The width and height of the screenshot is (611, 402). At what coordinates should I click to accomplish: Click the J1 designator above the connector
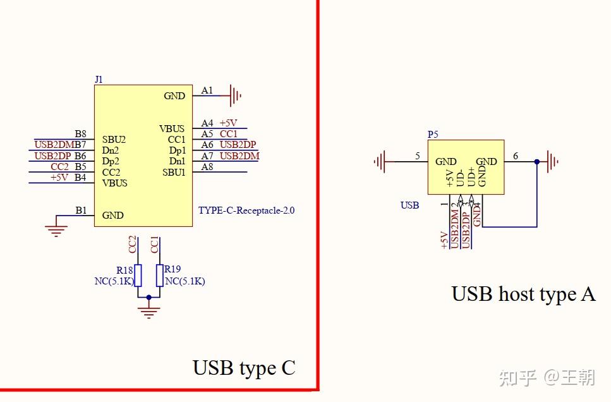tap(99, 80)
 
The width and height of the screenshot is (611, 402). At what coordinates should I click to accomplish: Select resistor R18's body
tap(138, 276)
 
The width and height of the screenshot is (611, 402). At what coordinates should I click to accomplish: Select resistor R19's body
tap(160, 276)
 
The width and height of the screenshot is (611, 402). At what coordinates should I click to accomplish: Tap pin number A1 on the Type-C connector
tap(207, 90)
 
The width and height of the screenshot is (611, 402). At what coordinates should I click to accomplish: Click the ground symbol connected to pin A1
tap(236, 95)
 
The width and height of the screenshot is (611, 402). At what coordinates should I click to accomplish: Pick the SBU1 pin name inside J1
tap(174, 172)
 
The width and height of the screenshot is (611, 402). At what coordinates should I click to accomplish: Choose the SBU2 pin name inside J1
tap(114, 139)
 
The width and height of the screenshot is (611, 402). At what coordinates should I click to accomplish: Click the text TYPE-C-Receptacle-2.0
tap(246, 210)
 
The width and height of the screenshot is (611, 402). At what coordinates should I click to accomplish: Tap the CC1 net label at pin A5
tap(229, 134)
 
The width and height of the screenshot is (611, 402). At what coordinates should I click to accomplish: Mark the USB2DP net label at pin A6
tap(238, 145)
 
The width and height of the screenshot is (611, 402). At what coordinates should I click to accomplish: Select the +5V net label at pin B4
tap(59, 178)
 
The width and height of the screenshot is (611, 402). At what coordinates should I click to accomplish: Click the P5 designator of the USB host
tap(433, 135)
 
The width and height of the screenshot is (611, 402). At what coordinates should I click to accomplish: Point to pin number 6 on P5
tap(515, 156)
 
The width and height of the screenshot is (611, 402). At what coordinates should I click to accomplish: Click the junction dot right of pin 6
tap(537, 162)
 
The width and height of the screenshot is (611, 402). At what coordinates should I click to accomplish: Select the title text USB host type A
tap(523, 294)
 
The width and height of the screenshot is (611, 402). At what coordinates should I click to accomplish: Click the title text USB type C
tap(244, 368)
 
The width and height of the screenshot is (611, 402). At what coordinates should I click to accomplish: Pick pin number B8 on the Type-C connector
tap(80, 133)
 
